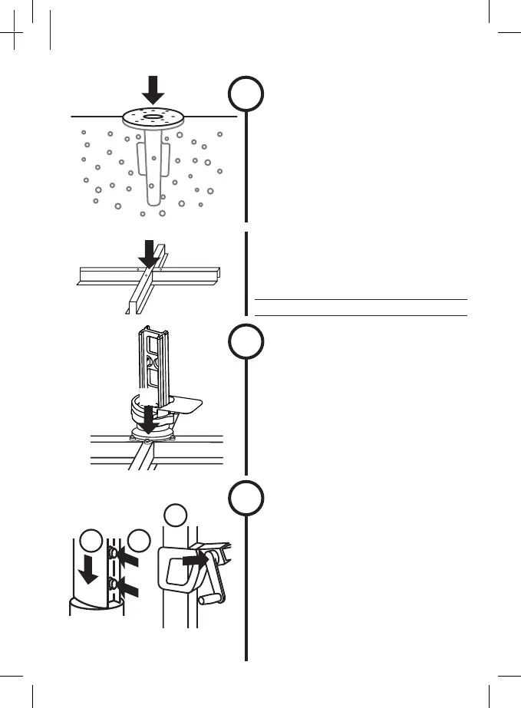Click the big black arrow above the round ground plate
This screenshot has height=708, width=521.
(x=153, y=90)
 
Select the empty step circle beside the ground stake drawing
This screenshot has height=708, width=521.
(x=246, y=96)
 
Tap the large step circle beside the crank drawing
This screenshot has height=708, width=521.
(x=246, y=499)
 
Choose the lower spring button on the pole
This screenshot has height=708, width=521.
(x=114, y=585)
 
